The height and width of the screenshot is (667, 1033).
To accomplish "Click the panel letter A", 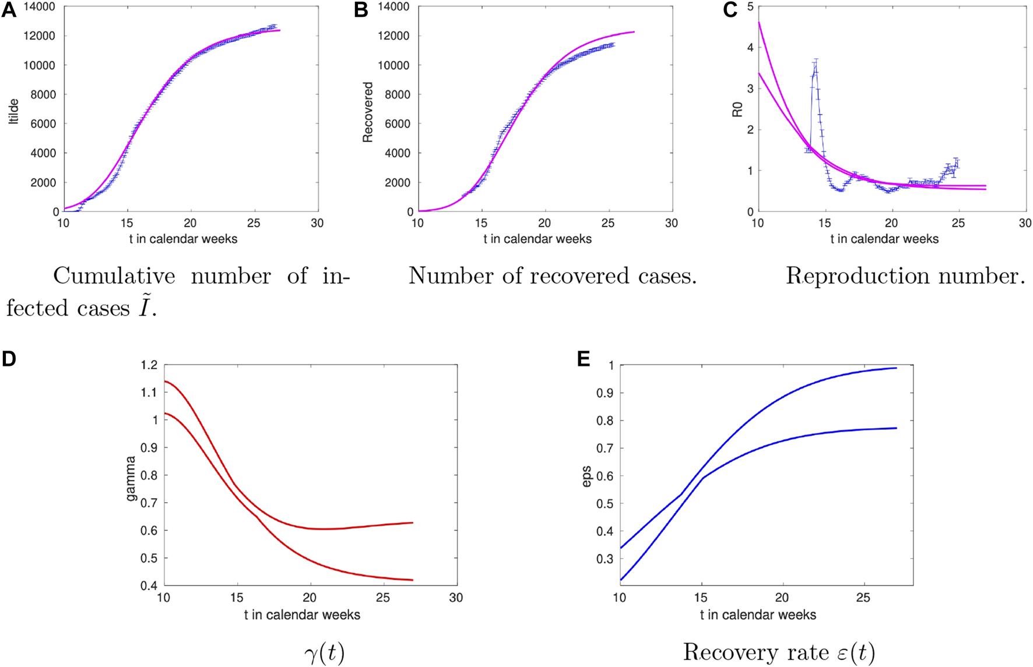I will click(x=9, y=10).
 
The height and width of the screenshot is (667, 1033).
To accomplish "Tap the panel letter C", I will click(x=730, y=10).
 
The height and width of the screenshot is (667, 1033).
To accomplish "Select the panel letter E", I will click(x=584, y=359).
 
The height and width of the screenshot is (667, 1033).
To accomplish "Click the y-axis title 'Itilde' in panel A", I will click(x=14, y=111).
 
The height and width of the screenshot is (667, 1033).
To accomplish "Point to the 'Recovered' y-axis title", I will click(x=368, y=112).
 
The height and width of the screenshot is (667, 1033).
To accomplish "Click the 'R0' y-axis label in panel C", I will click(x=737, y=109).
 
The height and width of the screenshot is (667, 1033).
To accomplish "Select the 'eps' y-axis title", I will click(x=586, y=477).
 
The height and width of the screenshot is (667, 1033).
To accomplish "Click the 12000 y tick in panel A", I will click(x=39, y=36).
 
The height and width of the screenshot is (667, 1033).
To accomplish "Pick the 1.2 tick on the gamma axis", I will click(x=149, y=365).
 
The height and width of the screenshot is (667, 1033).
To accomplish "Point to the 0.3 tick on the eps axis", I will click(x=605, y=559).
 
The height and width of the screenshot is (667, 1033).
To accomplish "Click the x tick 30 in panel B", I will click(x=672, y=223).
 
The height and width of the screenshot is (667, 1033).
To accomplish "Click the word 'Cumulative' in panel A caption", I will click(x=114, y=276).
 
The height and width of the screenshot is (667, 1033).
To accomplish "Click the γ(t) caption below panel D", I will click(x=324, y=653).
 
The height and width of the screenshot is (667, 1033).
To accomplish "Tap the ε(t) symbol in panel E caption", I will click(x=856, y=653).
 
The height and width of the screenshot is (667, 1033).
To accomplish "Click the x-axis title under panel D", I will click(x=302, y=615).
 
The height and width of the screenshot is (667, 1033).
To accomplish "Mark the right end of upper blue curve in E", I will click(x=896, y=368).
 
